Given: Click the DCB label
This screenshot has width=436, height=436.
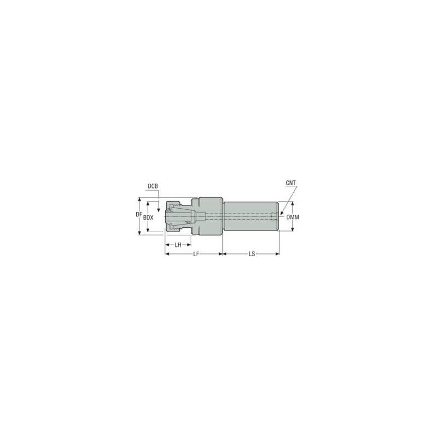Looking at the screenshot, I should pos(153,186).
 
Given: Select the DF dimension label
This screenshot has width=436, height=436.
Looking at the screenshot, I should pos(139,215).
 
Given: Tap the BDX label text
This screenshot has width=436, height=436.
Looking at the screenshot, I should pos(148,217).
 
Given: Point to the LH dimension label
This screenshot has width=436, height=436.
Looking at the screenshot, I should pos(178,245).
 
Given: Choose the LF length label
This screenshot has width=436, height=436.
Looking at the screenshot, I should pos(195,254).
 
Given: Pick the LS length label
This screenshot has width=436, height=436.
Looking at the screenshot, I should pos(251,254).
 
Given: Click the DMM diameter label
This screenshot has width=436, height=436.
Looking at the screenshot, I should pos(293,217).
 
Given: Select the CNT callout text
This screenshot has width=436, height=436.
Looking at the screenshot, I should pos(291,183).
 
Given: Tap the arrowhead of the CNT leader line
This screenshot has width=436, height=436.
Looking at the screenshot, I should pos(281,213).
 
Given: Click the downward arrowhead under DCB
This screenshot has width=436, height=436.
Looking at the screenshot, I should pos(158,209).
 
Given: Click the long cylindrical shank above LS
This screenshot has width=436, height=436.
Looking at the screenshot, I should pos(251,216).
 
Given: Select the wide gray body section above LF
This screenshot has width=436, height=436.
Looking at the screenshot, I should pos(210,216).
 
